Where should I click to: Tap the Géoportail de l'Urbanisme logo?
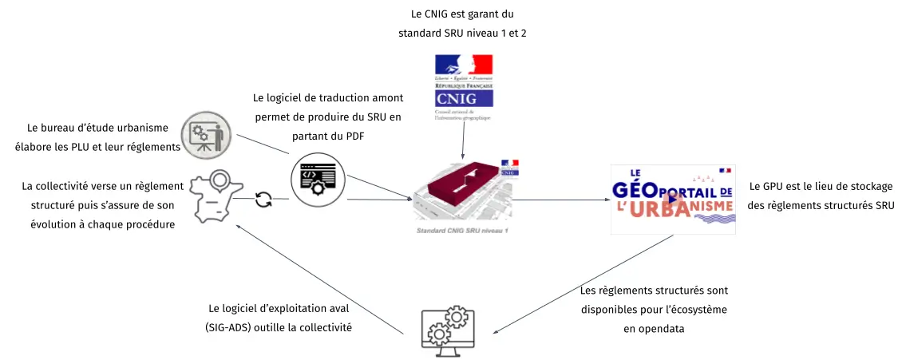(672, 199)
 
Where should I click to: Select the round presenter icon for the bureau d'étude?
(205, 136)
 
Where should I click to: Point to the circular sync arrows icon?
(263, 200)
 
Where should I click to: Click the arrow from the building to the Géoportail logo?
(559, 200)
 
